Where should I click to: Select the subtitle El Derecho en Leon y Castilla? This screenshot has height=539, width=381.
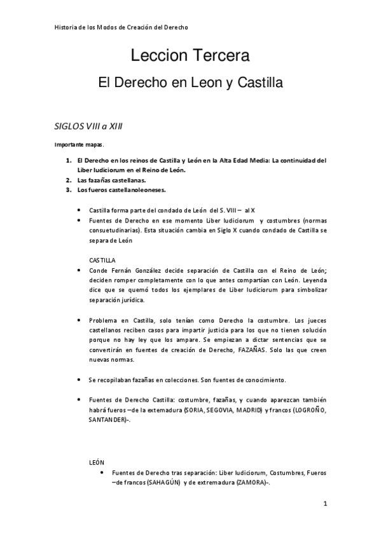click(190, 83)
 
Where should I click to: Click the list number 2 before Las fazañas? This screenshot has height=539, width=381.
click(68, 180)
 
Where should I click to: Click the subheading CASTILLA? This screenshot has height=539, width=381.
click(102, 260)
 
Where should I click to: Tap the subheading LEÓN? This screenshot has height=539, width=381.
click(97, 463)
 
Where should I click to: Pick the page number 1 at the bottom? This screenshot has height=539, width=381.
click(324, 505)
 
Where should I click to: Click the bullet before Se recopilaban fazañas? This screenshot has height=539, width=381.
click(78, 380)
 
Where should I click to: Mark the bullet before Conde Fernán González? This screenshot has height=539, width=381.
click(78, 270)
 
